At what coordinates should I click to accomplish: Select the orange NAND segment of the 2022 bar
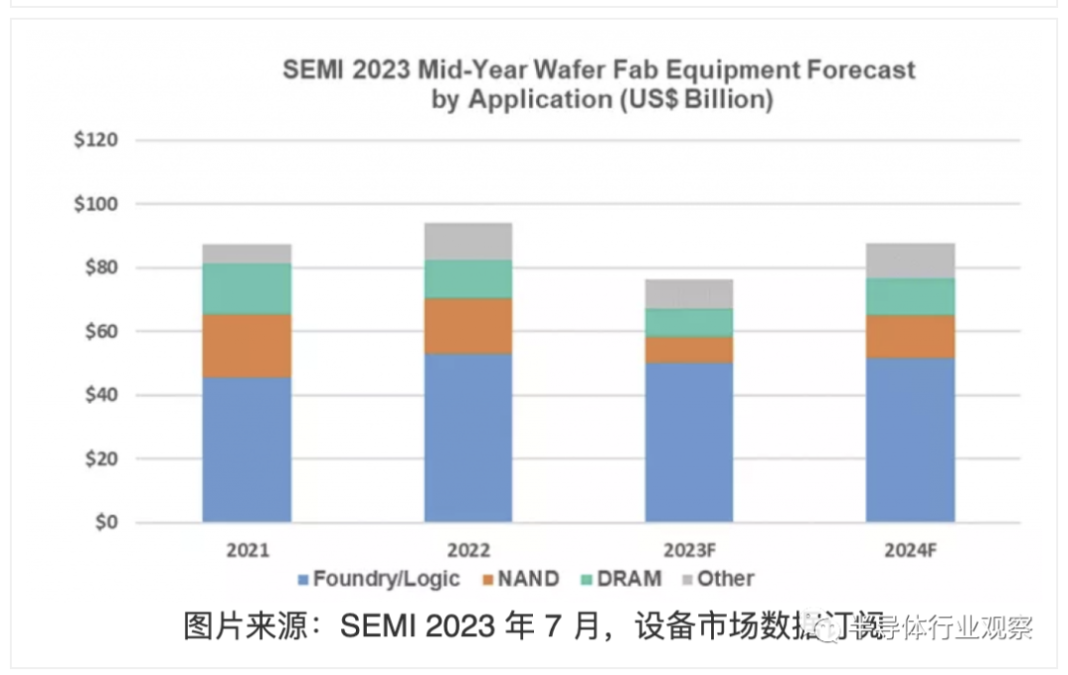coord(468,326)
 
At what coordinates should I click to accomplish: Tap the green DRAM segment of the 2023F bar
coord(689,322)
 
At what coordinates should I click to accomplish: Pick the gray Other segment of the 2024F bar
coord(911,260)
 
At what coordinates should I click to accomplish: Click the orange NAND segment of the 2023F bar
coord(689,349)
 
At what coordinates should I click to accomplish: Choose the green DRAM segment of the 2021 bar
coord(246,288)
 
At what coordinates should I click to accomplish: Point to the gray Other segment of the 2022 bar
coord(468,241)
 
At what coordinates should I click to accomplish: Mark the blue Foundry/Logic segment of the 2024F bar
coord(911,439)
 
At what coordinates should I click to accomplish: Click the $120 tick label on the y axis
coord(96,140)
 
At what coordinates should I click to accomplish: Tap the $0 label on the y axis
coord(104,522)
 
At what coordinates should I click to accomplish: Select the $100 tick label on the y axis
coord(96,204)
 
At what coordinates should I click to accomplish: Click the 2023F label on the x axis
coord(689,550)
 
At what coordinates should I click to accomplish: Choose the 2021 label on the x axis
coord(246,550)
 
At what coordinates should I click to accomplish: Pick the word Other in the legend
coord(725,579)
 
